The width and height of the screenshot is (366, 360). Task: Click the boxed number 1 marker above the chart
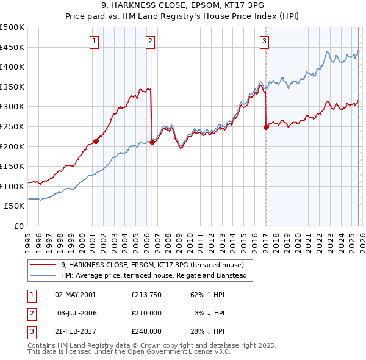[x=95, y=41]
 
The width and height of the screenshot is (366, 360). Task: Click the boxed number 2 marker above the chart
[x=150, y=41]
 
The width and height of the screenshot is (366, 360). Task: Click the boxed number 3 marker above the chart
[x=264, y=41]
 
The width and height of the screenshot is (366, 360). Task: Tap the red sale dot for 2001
[x=96, y=141]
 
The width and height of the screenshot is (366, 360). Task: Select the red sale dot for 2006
[x=151, y=142]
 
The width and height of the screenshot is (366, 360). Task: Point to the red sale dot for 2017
[x=266, y=127]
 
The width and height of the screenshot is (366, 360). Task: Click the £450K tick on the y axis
[x=12, y=47]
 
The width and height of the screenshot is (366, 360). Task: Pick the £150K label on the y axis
[x=12, y=166]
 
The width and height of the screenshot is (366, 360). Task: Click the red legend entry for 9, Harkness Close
[x=152, y=265]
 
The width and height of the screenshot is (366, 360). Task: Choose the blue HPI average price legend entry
[x=153, y=276]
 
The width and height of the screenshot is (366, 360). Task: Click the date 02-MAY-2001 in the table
[x=75, y=295]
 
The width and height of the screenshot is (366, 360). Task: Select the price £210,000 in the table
[x=146, y=313]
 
